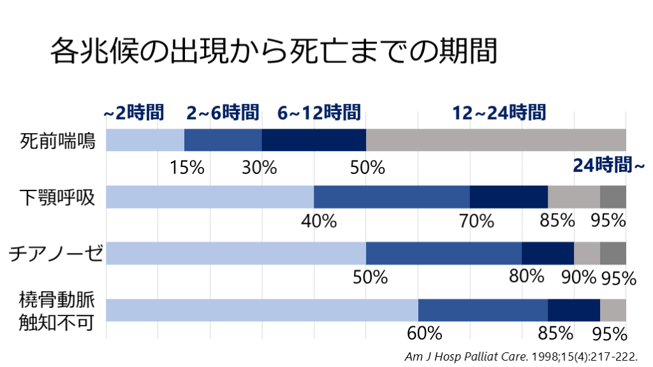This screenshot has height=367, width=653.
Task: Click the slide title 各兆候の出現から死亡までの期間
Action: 273,50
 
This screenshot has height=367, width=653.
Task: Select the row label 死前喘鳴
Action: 57,140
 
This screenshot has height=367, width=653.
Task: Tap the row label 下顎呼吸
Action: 57,198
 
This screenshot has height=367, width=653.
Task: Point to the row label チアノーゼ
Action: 55,254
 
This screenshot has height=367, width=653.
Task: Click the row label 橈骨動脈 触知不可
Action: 57,310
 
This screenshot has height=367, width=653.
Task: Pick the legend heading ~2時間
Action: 134,113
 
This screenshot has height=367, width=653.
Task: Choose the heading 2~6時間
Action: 223,113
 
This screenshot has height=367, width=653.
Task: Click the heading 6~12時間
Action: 319,113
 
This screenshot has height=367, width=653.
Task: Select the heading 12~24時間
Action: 499,113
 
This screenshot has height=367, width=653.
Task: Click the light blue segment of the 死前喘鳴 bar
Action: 145,140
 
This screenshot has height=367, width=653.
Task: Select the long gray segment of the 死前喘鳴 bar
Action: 495,140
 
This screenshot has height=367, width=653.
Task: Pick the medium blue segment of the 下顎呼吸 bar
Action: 392,197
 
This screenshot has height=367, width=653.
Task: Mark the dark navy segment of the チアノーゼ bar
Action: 548,254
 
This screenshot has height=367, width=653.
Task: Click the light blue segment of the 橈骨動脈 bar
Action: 261,310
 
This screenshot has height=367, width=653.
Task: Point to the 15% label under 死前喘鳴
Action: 187,168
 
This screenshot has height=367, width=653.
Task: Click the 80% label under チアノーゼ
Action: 526,277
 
